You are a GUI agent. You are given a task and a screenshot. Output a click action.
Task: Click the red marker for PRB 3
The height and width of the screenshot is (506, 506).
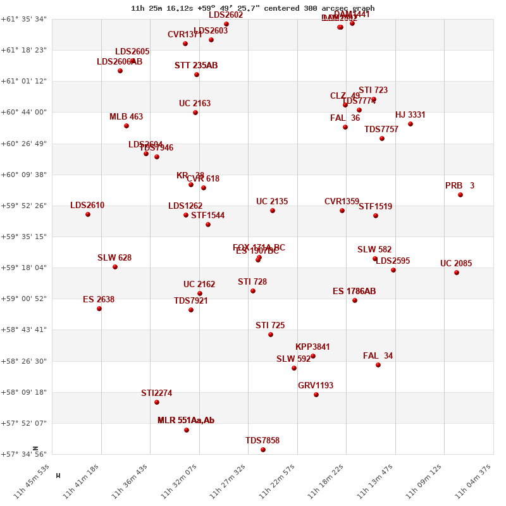click(460, 195)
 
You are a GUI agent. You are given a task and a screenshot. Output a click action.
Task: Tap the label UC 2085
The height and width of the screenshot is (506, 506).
click(456, 264)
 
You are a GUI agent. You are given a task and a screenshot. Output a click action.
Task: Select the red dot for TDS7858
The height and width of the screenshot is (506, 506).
click(263, 450)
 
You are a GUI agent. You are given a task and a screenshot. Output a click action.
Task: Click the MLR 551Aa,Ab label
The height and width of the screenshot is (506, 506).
click(186, 421)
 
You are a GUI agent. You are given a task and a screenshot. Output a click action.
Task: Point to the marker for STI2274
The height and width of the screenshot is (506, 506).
click(157, 402)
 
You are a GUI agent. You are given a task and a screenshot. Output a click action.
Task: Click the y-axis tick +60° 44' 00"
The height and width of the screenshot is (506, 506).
click(24, 113)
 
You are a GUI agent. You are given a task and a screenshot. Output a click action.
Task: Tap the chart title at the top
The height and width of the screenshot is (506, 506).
click(253, 8)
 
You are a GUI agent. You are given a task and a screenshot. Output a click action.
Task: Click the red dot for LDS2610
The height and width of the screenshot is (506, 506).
click(88, 214)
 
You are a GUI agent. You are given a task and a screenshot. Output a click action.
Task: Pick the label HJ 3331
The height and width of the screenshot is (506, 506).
click(410, 115)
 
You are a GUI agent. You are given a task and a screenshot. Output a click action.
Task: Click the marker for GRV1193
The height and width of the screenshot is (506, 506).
click(316, 395)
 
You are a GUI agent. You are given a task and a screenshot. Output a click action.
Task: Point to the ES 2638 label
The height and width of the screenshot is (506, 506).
click(99, 300)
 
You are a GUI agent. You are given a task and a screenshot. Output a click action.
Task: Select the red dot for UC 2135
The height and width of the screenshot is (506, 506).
click(273, 211)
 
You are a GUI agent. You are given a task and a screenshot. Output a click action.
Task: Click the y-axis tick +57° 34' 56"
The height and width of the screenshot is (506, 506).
click(24, 454)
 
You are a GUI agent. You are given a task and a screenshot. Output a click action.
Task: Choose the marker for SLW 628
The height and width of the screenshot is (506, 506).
click(115, 267)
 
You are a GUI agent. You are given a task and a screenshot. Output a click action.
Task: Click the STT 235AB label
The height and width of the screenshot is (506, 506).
click(196, 66)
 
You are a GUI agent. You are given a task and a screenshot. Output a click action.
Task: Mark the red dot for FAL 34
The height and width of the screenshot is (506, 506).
click(378, 365)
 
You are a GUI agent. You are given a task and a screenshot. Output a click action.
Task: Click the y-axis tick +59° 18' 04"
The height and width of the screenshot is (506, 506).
click(24, 268)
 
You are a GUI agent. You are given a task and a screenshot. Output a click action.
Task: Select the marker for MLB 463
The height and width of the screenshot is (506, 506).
click(126, 126)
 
